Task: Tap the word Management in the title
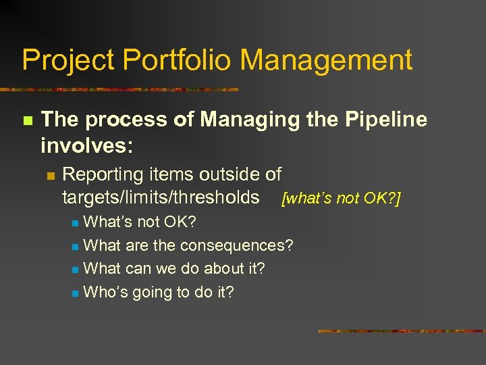pos(326,61)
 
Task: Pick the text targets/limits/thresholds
pos(161,197)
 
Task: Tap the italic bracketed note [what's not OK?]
pos(342,199)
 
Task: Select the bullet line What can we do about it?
pos(174,268)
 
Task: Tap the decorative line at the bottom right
pos(401,331)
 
